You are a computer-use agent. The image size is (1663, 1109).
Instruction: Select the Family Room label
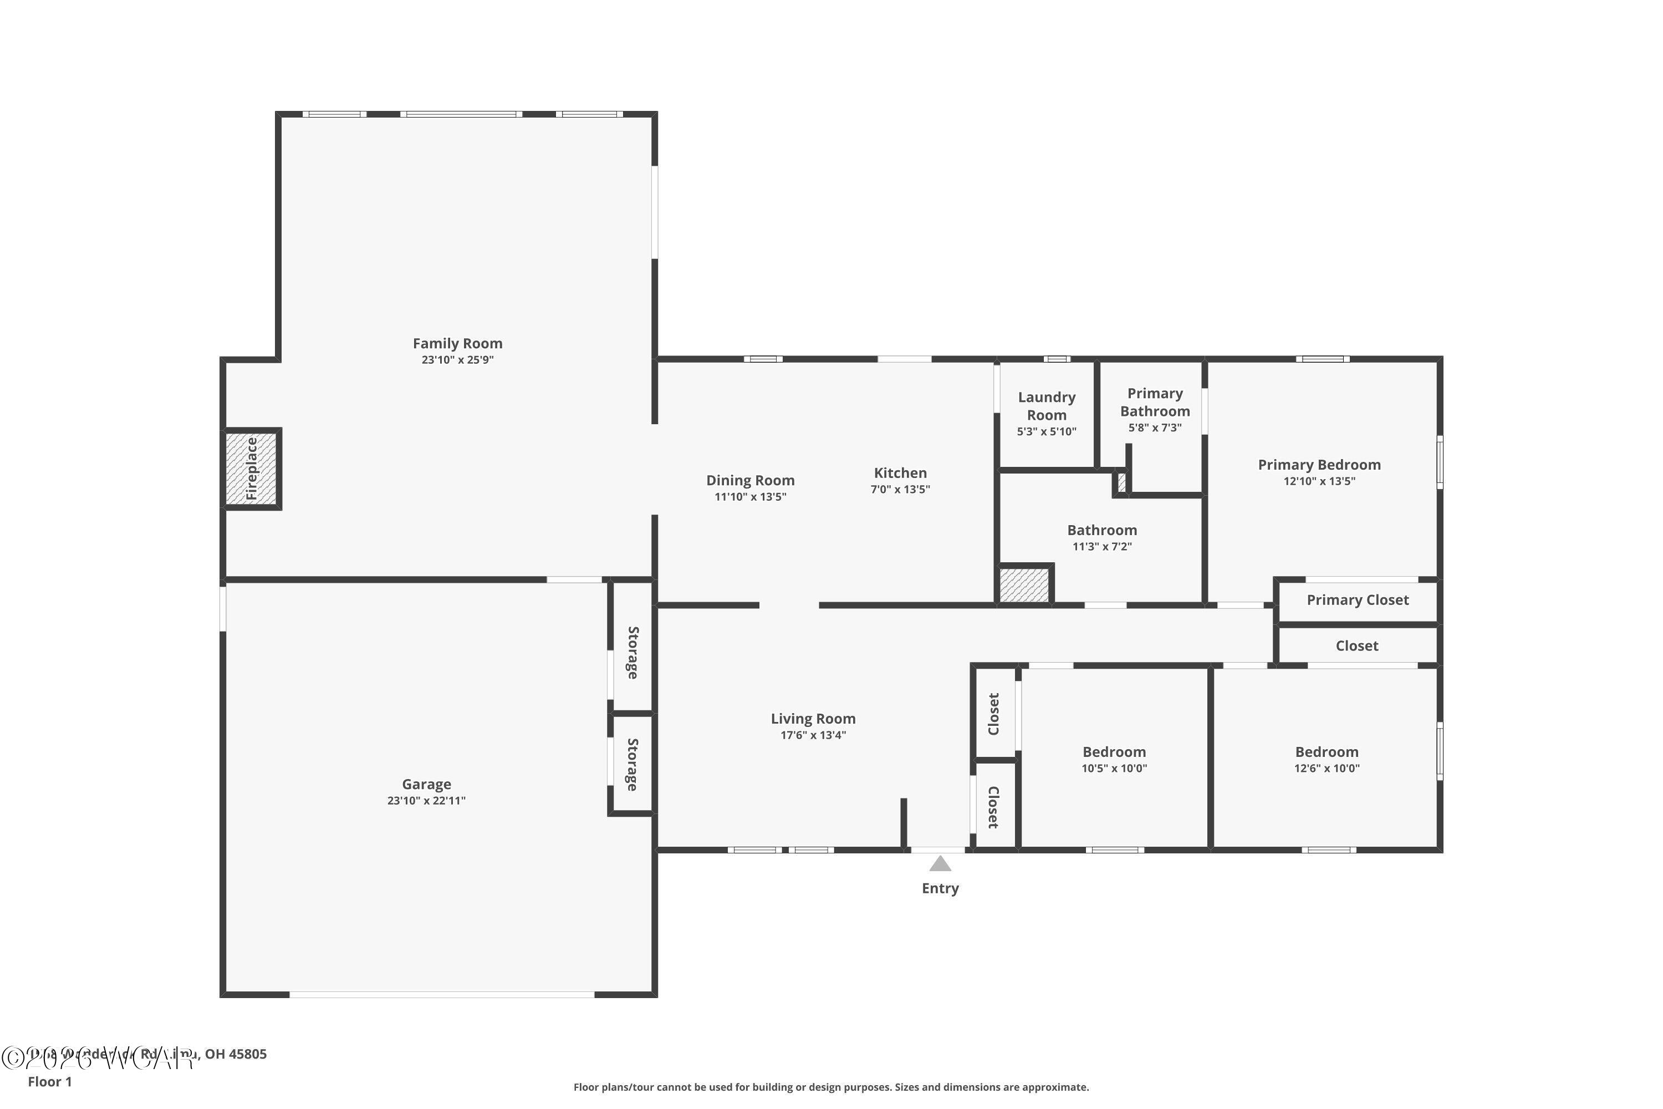coord(457,344)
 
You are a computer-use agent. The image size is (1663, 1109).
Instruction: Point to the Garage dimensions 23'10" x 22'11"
coord(426,801)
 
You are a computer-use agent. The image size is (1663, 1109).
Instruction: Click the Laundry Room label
coord(1047,406)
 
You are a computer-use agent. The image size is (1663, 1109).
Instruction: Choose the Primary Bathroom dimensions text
coord(1155,428)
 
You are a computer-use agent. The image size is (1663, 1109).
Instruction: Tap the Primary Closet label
coord(1358,601)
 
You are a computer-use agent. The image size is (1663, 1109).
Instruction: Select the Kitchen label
coord(900,473)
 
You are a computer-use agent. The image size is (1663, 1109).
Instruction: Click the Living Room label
coord(813,719)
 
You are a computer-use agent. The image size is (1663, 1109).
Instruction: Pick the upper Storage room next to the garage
coord(632,652)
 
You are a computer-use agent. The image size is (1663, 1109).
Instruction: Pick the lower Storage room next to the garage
coord(632,765)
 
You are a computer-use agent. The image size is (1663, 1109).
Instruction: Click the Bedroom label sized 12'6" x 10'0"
coord(1327,752)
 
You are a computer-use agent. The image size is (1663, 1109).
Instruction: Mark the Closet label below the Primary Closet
coord(1357,646)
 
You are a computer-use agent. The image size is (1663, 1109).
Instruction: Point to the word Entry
coord(940,888)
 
